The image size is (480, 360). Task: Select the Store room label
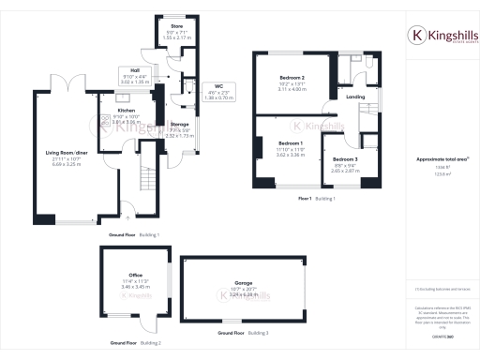[x=175, y=22]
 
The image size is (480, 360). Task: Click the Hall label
[x=136, y=69]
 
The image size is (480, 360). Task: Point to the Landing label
[x=354, y=97]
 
